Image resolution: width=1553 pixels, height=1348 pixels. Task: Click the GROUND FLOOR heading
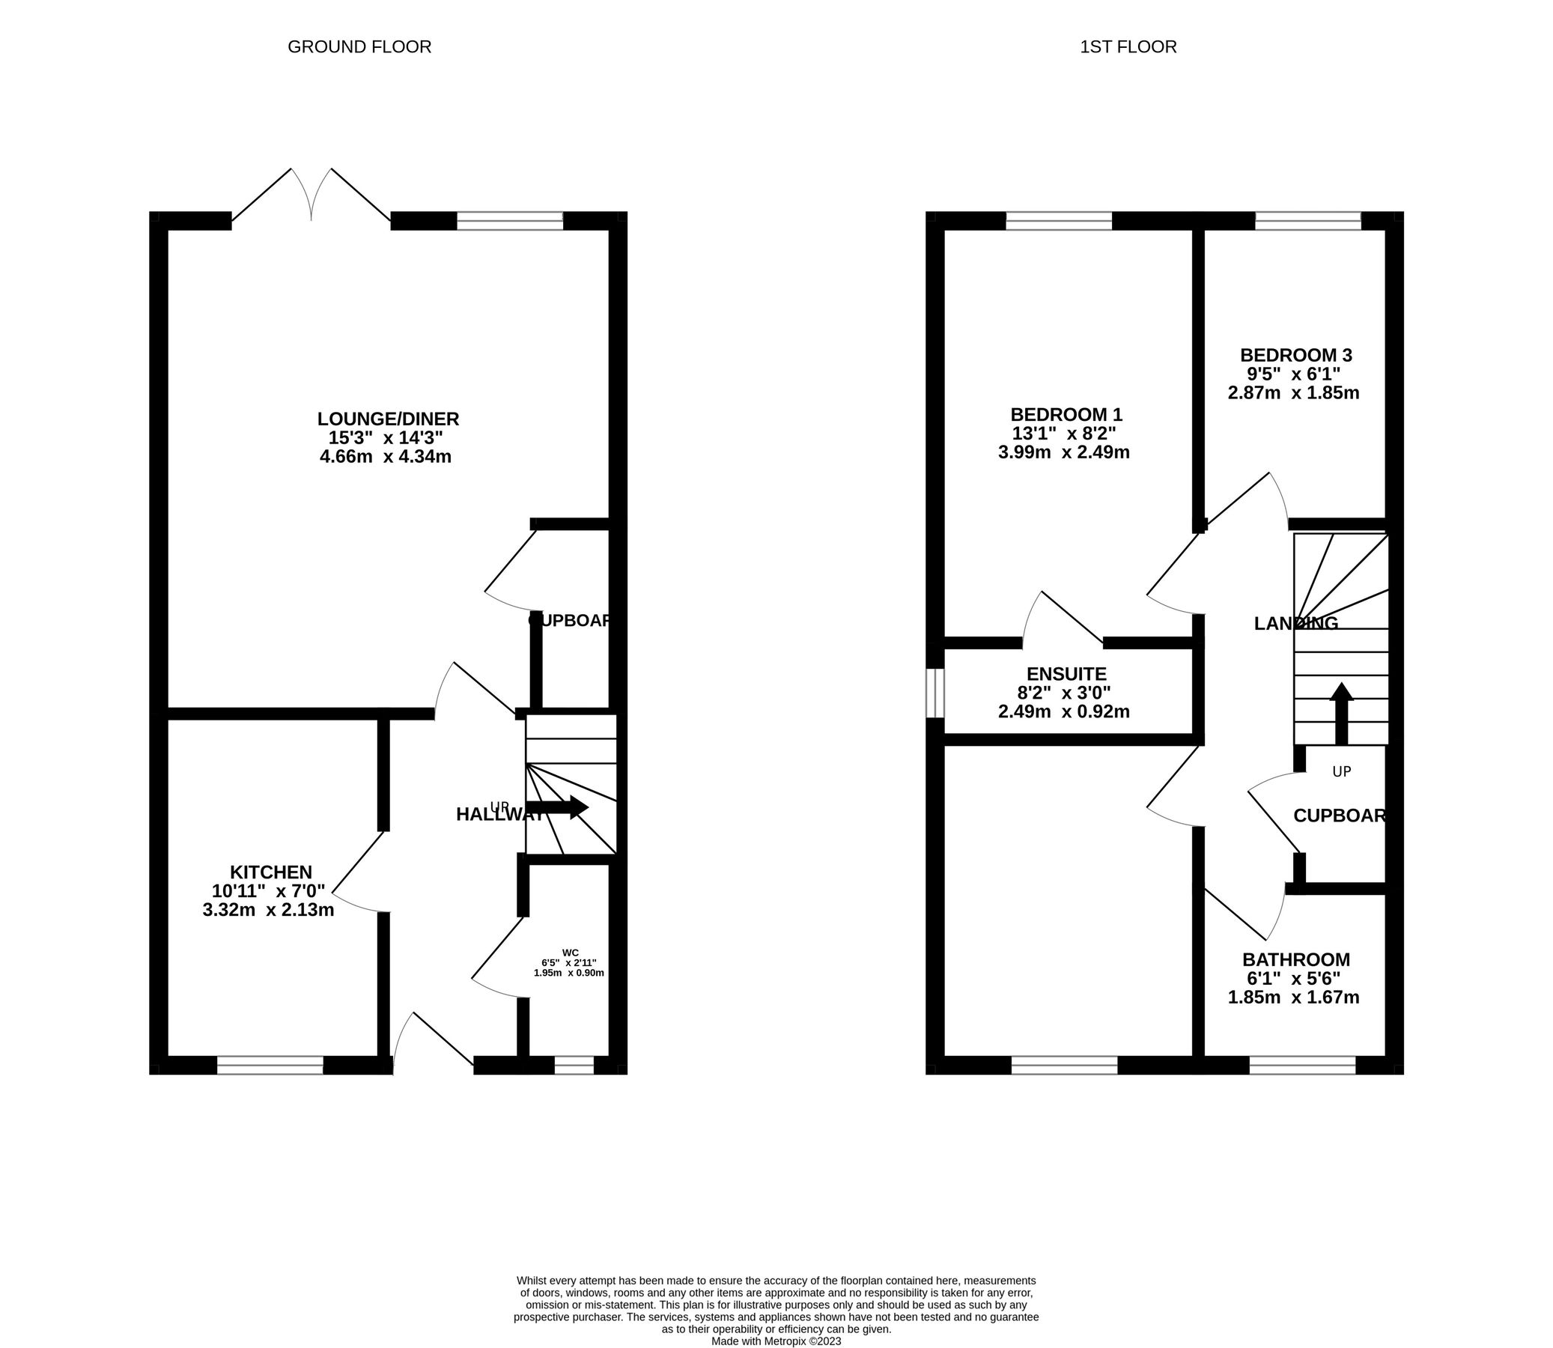click(359, 47)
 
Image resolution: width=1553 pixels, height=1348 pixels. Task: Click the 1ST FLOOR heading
click(1128, 47)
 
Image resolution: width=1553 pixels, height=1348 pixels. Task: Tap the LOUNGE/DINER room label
click(388, 419)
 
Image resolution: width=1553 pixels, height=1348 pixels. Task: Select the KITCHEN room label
click(271, 872)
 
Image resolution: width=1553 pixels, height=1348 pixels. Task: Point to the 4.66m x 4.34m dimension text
click(385, 457)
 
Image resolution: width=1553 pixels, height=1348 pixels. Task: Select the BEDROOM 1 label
click(1066, 414)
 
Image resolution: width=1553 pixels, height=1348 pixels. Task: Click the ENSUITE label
click(1066, 674)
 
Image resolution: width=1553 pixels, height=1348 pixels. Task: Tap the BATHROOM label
click(1296, 960)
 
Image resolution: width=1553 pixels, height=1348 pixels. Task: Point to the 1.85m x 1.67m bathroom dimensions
click(1293, 998)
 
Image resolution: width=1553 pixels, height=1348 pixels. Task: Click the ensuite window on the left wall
click(934, 693)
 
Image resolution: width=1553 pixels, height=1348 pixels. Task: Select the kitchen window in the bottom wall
click(270, 1065)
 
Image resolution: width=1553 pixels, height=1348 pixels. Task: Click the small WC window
click(574, 1065)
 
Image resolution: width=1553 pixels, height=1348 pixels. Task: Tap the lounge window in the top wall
click(510, 220)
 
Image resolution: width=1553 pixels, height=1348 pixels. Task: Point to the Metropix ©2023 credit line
click(776, 1341)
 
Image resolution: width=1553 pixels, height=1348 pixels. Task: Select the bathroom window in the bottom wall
click(1303, 1065)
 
